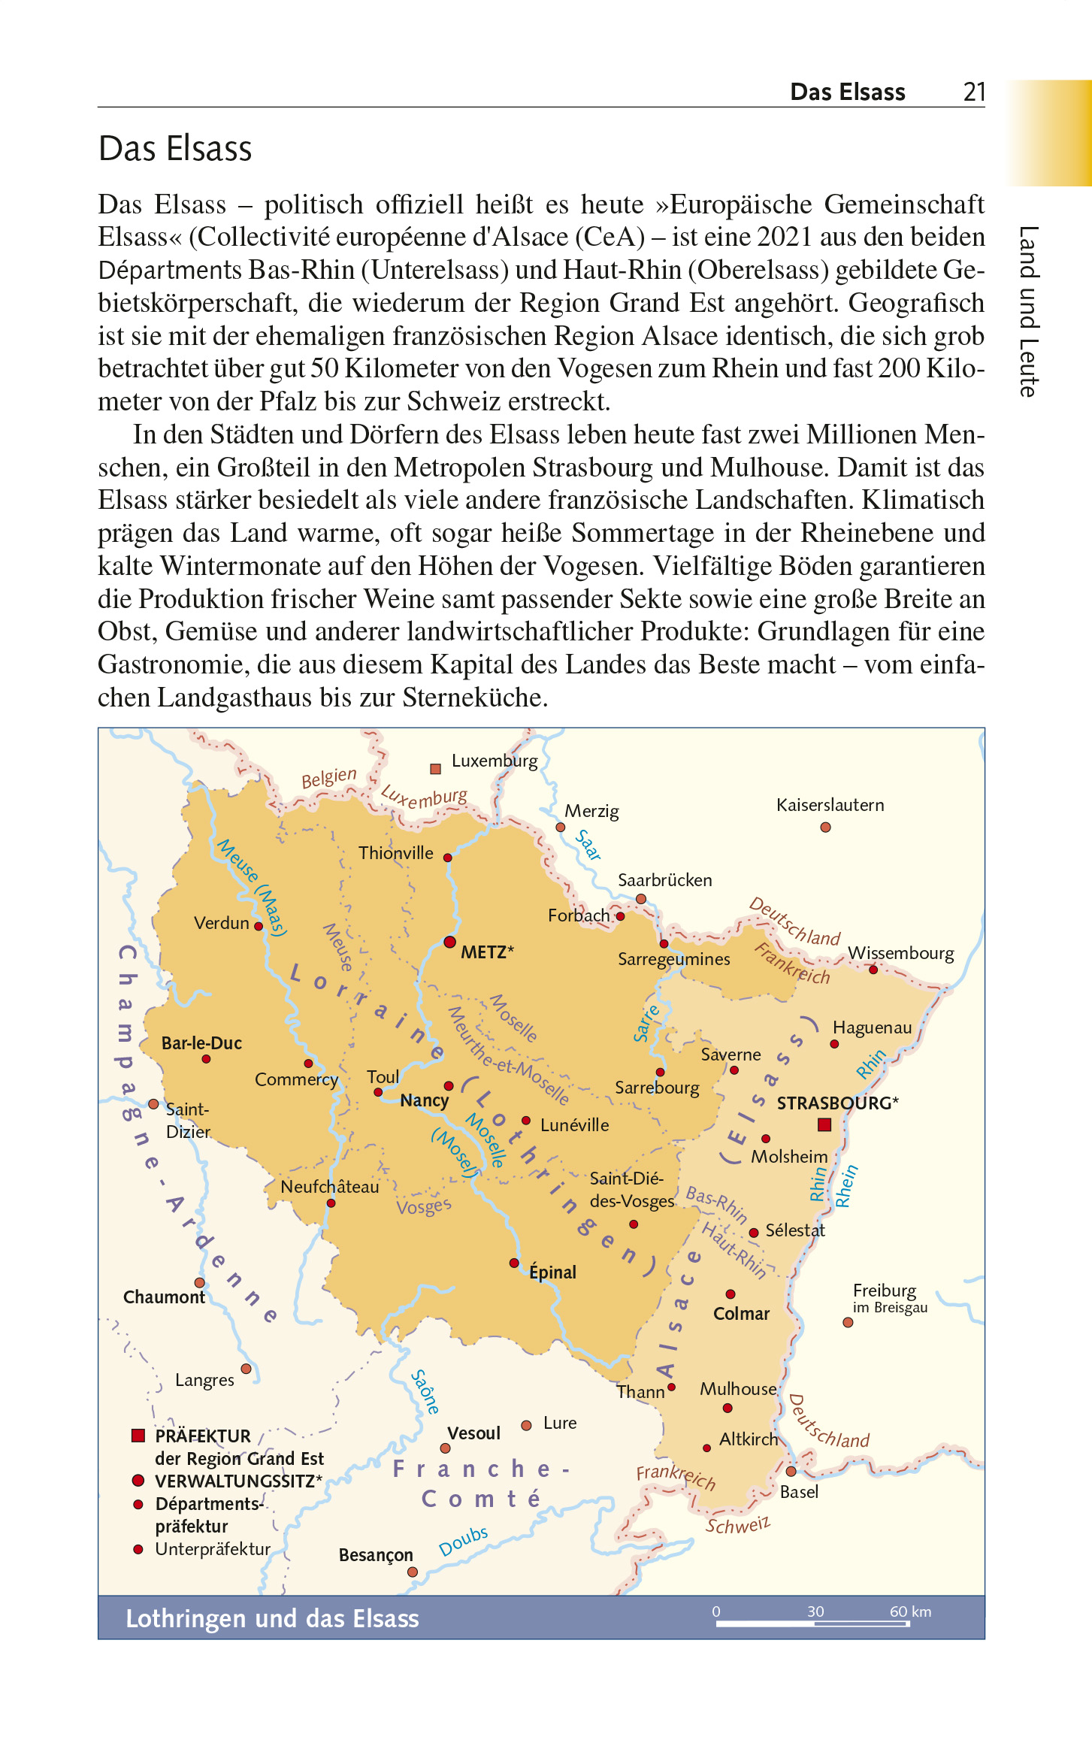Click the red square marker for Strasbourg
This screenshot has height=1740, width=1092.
(x=824, y=1124)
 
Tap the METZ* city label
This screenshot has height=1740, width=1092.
(x=487, y=952)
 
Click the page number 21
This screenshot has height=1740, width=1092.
(x=974, y=92)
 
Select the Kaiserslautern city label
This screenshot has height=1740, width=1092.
(x=830, y=805)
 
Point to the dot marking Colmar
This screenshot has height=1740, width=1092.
(x=730, y=1294)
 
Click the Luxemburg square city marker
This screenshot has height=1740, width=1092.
(x=435, y=768)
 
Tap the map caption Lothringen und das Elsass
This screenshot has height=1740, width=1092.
(x=272, y=1617)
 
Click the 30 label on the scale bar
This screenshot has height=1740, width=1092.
(x=815, y=1611)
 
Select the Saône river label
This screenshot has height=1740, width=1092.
(x=425, y=1391)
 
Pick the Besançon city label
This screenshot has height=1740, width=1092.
(x=376, y=1554)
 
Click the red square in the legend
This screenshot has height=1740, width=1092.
(x=138, y=1436)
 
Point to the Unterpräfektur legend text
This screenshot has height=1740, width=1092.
(x=213, y=1548)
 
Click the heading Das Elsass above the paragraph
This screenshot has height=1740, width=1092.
(x=175, y=148)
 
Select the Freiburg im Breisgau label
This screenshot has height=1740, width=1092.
(x=889, y=1298)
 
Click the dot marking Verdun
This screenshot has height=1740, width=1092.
(x=259, y=926)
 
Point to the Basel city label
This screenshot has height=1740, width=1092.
(x=799, y=1491)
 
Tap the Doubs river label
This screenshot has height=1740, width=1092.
(x=463, y=1541)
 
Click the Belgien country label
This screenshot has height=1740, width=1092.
(x=328, y=777)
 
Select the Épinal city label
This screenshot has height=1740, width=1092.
(x=552, y=1272)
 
